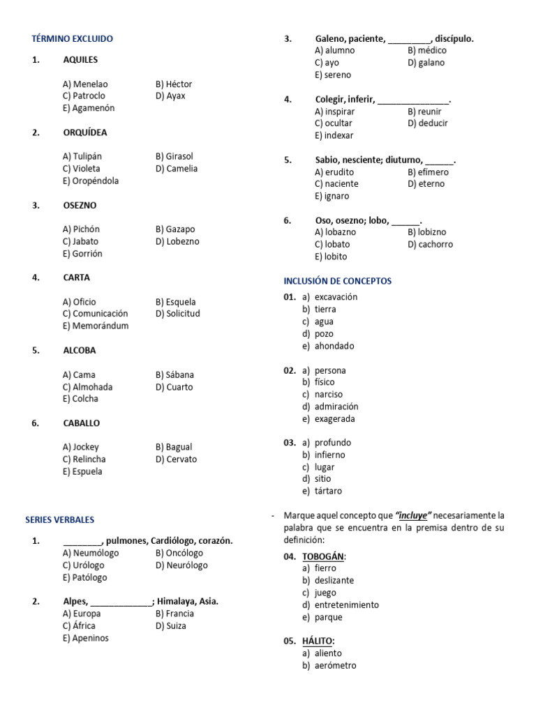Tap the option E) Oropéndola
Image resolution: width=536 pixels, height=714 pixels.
pos(91,181)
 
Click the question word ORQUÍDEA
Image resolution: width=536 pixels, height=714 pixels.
pos(85,132)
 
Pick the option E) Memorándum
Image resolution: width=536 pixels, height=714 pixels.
pos(96,326)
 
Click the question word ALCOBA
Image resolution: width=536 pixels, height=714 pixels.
pos(80,351)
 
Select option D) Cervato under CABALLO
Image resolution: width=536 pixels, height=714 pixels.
pos(177,459)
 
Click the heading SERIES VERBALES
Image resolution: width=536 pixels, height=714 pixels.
pos(59,519)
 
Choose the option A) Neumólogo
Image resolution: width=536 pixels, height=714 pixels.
pos(91,553)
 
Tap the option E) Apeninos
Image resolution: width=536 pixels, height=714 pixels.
pos(86,638)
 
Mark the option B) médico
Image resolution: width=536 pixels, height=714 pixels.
pos(427,50)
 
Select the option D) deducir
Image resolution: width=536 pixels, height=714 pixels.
pos(428,123)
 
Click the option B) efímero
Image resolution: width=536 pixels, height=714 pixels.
pos(429,172)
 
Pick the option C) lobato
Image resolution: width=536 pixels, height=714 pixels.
pos(332,244)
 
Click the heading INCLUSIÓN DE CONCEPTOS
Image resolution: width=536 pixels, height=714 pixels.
pos(338,281)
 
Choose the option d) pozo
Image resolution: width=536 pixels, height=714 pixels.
pos(318,334)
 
